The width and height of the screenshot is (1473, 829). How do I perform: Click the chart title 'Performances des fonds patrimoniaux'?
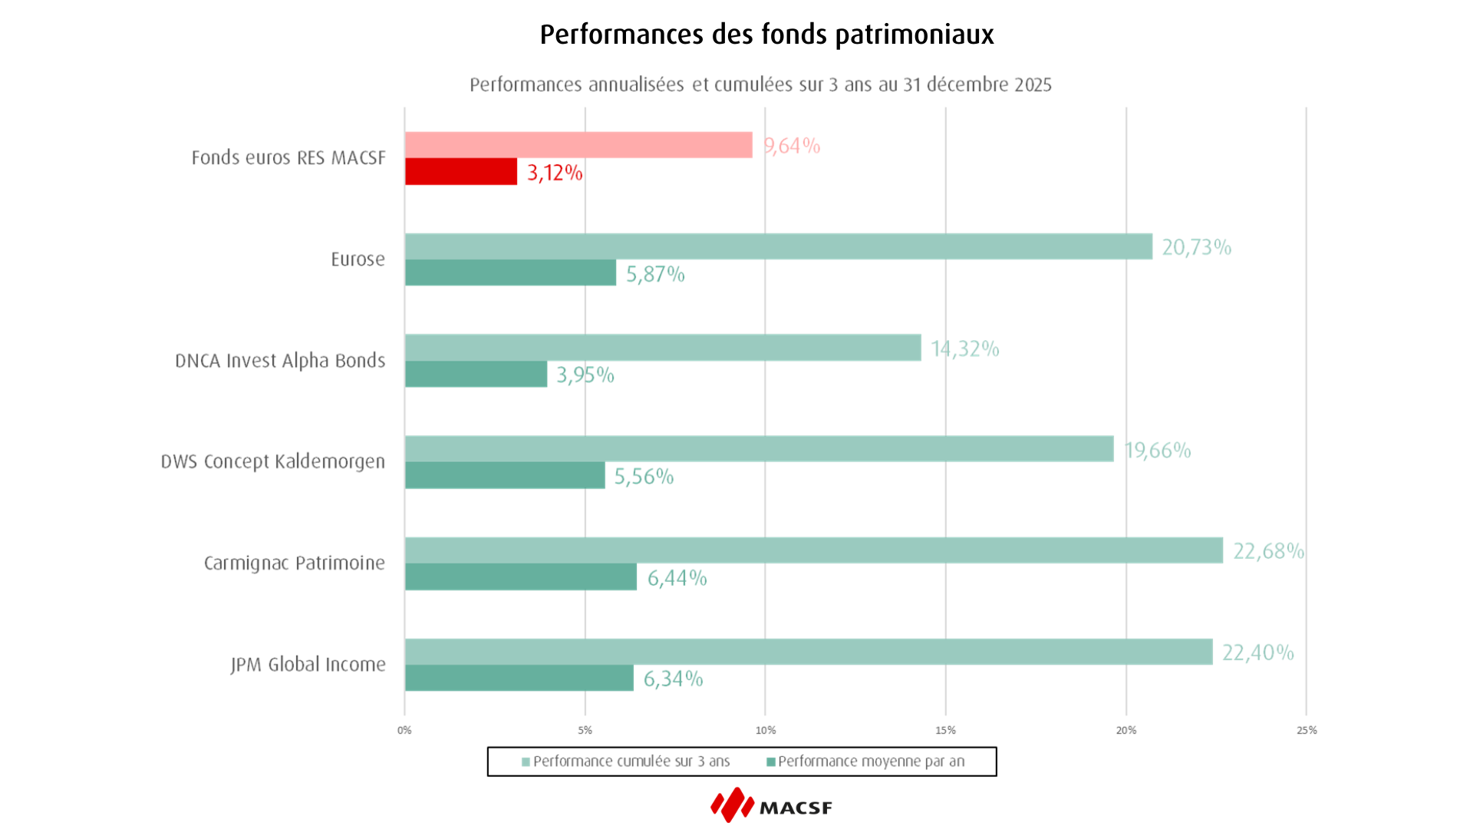point(766,35)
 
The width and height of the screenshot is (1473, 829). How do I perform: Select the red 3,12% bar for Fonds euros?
point(461,172)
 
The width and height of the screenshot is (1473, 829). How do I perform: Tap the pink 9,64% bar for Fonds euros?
point(578,145)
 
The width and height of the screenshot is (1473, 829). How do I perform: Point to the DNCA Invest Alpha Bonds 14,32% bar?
point(663,348)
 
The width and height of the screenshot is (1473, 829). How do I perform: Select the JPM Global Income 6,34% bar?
point(519,678)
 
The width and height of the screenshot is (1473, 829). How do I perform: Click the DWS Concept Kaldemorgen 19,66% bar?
point(760,449)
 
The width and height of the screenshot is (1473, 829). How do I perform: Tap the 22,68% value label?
point(1268,551)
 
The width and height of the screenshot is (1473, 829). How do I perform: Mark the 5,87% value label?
point(655,274)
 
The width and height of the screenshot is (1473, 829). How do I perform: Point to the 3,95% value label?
point(585,375)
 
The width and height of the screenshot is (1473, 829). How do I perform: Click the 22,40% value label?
point(1257,652)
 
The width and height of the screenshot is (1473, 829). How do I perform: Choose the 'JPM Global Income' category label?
point(308,664)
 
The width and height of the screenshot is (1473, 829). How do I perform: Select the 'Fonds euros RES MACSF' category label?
point(288,157)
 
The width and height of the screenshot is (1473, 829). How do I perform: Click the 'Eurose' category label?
point(358,259)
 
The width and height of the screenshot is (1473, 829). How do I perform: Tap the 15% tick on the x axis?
point(945,730)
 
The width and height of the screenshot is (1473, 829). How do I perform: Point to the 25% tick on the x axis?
point(1307,730)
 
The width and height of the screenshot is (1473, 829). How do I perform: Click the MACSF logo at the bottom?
point(771,805)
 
